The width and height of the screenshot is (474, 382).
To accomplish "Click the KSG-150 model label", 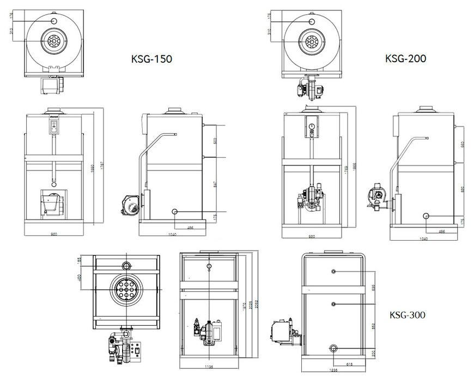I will click(x=151, y=59).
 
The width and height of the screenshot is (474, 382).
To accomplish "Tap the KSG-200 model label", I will click(x=405, y=58).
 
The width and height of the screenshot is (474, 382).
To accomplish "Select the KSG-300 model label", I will click(x=408, y=315).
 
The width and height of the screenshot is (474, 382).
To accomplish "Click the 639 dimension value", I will click(x=373, y=287).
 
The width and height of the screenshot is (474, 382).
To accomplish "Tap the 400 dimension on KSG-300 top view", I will click(x=80, y=280).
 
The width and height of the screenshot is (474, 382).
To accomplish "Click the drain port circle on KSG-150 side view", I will click(x=174, y=211).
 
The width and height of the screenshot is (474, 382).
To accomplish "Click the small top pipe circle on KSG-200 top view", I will click(x=312, y=21).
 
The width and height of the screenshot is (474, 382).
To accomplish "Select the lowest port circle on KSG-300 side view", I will click(x=333, y=349).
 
